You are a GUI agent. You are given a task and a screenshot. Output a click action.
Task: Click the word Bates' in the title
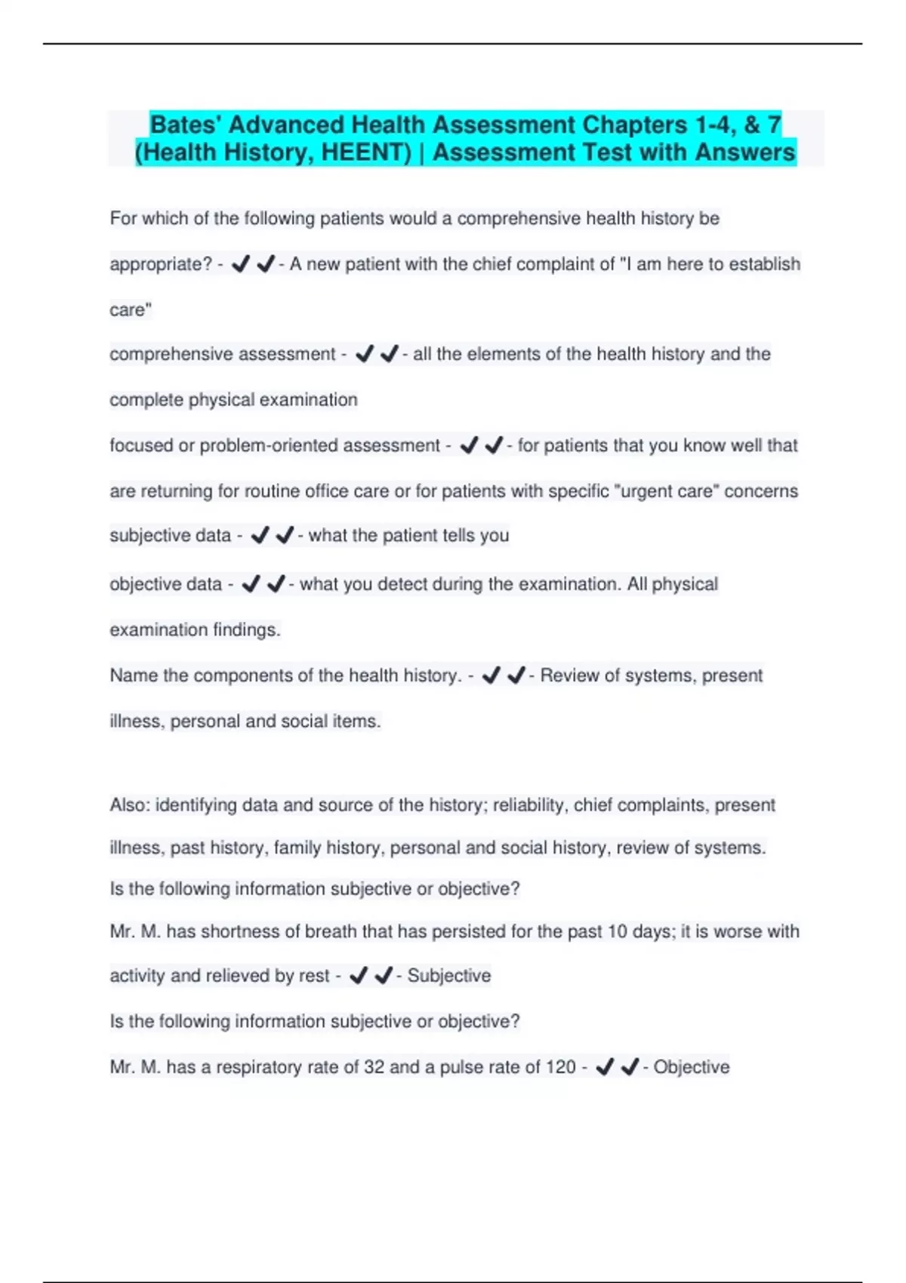(185, 125)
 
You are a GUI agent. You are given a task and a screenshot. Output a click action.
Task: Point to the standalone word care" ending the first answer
(131, 309)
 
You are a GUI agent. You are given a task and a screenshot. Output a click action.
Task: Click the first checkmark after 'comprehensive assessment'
(365, 354)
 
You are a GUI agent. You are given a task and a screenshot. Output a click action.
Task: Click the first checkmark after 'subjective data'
(260, 536)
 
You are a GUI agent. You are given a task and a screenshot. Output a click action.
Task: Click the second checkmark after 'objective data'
(276, 584)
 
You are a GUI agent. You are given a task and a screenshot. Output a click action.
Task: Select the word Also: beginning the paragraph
(130, 805)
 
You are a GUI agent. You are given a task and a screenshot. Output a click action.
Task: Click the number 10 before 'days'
(618, 931)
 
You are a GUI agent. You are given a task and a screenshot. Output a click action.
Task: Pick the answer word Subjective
(449, 976)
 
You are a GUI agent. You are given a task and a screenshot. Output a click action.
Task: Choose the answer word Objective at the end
(692, 1067)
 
